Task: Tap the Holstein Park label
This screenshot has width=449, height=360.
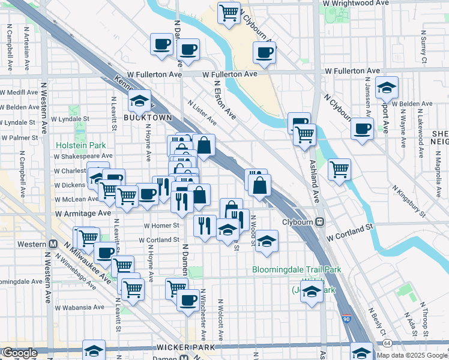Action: click(x=80, y=145)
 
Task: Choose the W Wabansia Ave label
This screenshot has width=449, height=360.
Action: click(x=82, y=307)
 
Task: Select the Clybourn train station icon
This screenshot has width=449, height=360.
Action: click(x=320, y=221)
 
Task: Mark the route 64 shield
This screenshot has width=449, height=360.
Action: click(x=387, y=343)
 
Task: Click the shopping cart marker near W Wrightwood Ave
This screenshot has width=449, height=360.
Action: click(x=229, y=13)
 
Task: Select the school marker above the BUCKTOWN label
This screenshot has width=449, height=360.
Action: click(x=140, y=100)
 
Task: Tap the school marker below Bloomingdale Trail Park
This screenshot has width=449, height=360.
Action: click(x=311, y=293)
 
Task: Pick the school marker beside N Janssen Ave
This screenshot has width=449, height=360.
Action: click(x=387, y=87)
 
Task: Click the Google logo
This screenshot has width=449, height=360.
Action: click(x=19, y=353)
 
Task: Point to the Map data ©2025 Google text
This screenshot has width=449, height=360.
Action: click(x=411, y=355)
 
